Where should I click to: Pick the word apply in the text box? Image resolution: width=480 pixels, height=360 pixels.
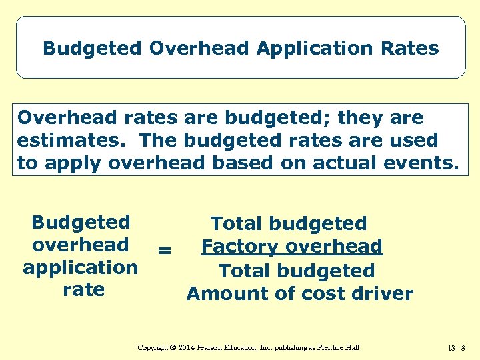tap(70, 163)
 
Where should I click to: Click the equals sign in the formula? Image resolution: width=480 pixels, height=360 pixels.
tap(164, 251)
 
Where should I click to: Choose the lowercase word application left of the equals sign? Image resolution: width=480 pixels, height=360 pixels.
tap(81, 268)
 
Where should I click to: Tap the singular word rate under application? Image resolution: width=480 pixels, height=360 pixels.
tap(83, 290)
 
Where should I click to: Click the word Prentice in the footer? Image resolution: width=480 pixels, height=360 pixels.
tap(332, 347)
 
